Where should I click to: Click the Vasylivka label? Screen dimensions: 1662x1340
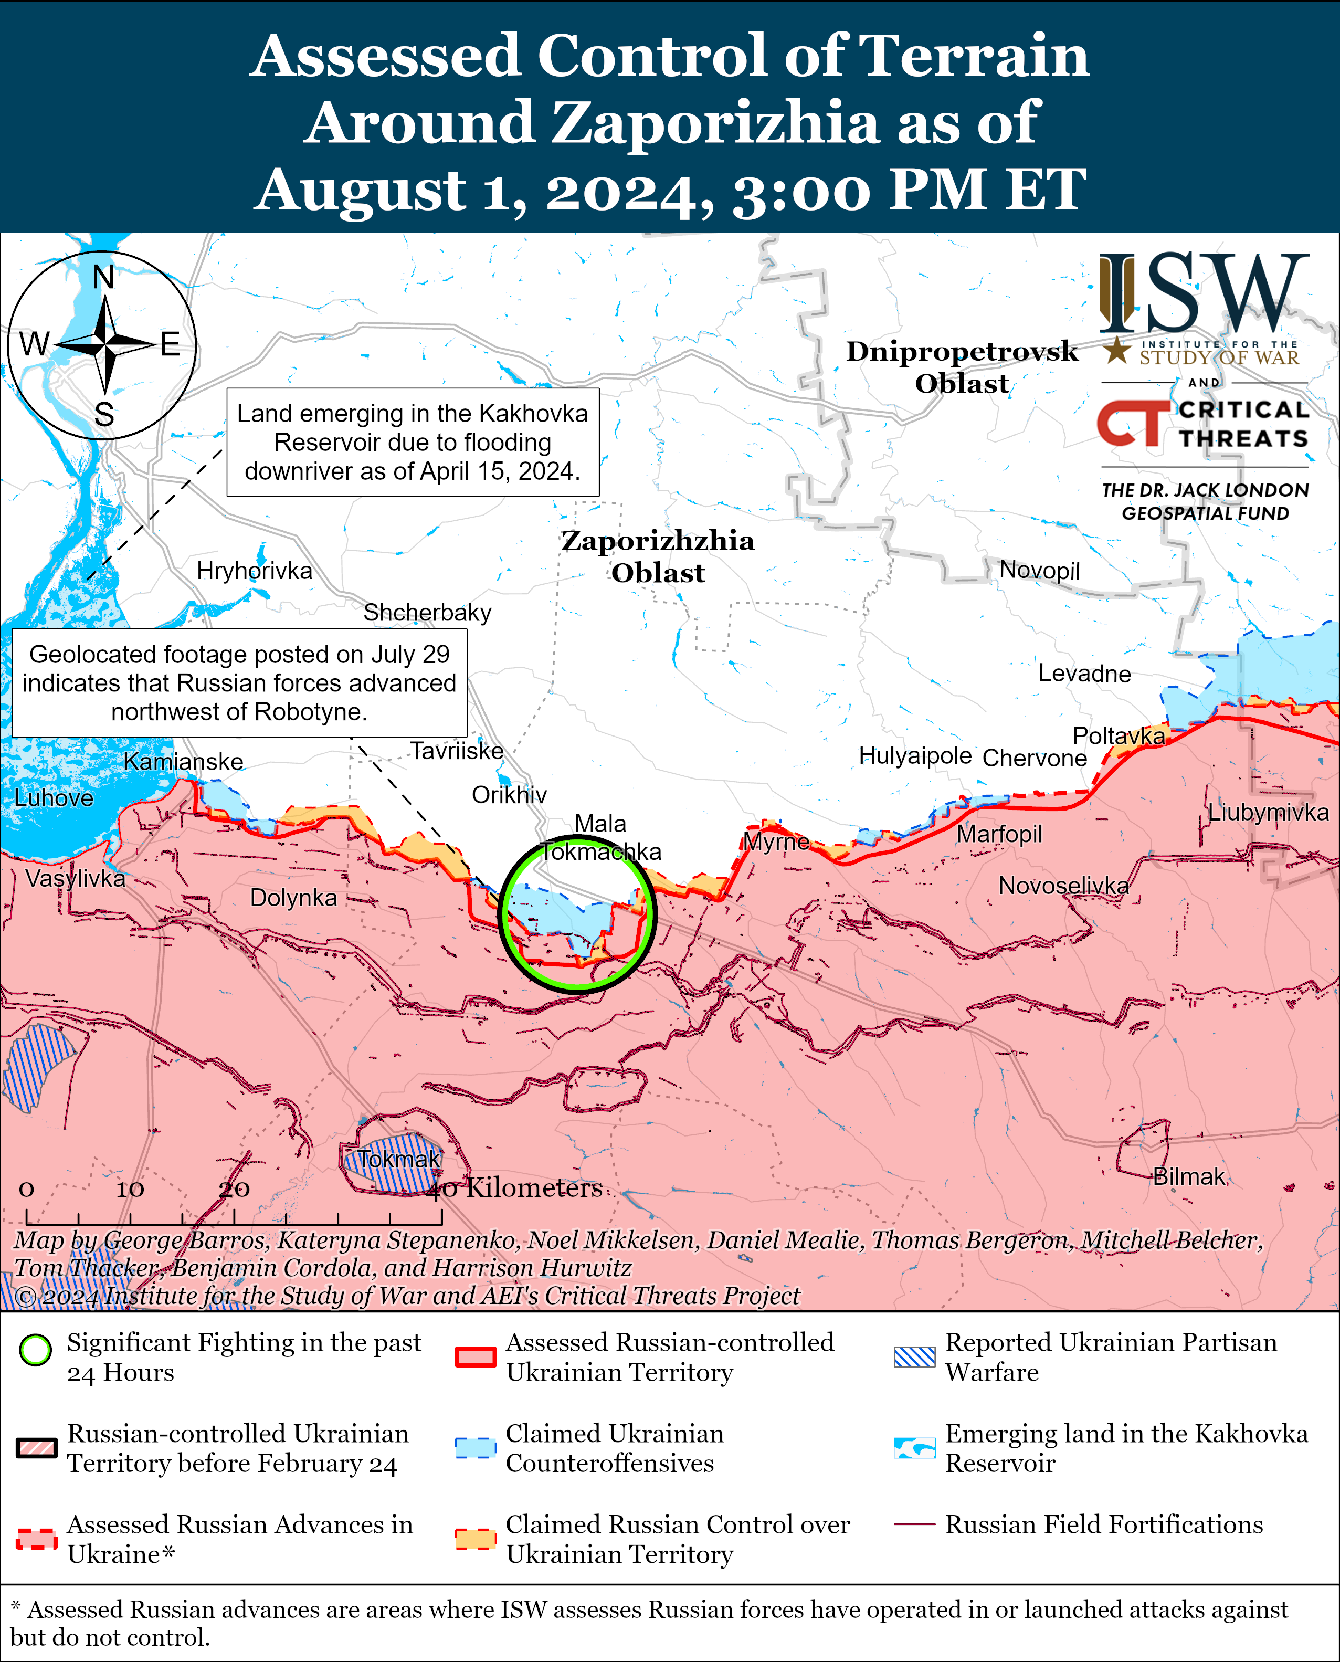pos(75,878)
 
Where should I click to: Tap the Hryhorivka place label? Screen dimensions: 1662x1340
pos(254,571)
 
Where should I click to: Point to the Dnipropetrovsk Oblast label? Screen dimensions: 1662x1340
pos(962,366)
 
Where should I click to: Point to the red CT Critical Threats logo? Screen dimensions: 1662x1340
pos(1132,423)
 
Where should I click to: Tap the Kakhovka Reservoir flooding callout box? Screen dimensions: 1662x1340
pos(412,443)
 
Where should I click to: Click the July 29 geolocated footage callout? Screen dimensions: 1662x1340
pos(239,682)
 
